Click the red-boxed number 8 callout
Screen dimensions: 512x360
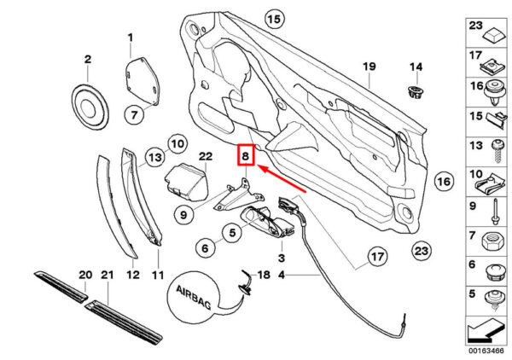tap(246, 154)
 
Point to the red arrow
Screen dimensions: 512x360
tap(282, 179)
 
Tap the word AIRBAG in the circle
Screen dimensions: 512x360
tap(194, 297)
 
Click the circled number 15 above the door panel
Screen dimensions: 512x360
tap(274, 19)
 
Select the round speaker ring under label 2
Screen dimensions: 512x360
tap(90, 107)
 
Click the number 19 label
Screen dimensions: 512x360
tap(369, 67)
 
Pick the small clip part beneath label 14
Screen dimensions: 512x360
tap(416, 92)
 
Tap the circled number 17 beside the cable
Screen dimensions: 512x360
tap(377, 257)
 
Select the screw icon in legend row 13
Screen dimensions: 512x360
tap(497, 151)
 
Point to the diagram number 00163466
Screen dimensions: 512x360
tap(486, 351)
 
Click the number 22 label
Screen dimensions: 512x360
tap(206, 156)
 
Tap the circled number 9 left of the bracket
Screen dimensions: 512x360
tap(183, 215)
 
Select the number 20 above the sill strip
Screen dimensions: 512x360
tap(85, 275)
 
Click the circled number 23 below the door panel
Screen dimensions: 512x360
tap(422, 251)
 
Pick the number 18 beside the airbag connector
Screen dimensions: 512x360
tap(264, 275)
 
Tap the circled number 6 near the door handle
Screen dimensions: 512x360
tap(205, 248)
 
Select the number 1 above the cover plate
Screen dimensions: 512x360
tap(131, 38)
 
